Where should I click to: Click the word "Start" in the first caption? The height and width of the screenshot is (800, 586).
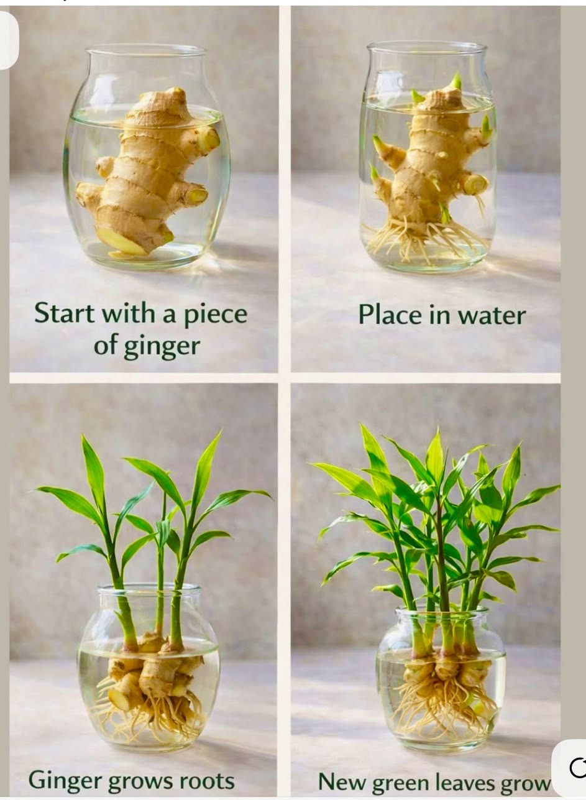(x=64, y=313)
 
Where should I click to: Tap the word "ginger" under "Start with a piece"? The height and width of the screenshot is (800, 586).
(x=162, y=347)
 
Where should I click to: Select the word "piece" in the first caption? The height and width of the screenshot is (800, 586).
(x=216, y=315)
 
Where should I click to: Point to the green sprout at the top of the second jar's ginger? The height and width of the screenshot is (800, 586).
(x=456, y=81)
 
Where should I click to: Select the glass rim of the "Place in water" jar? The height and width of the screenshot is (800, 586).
(x=427, y=45)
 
